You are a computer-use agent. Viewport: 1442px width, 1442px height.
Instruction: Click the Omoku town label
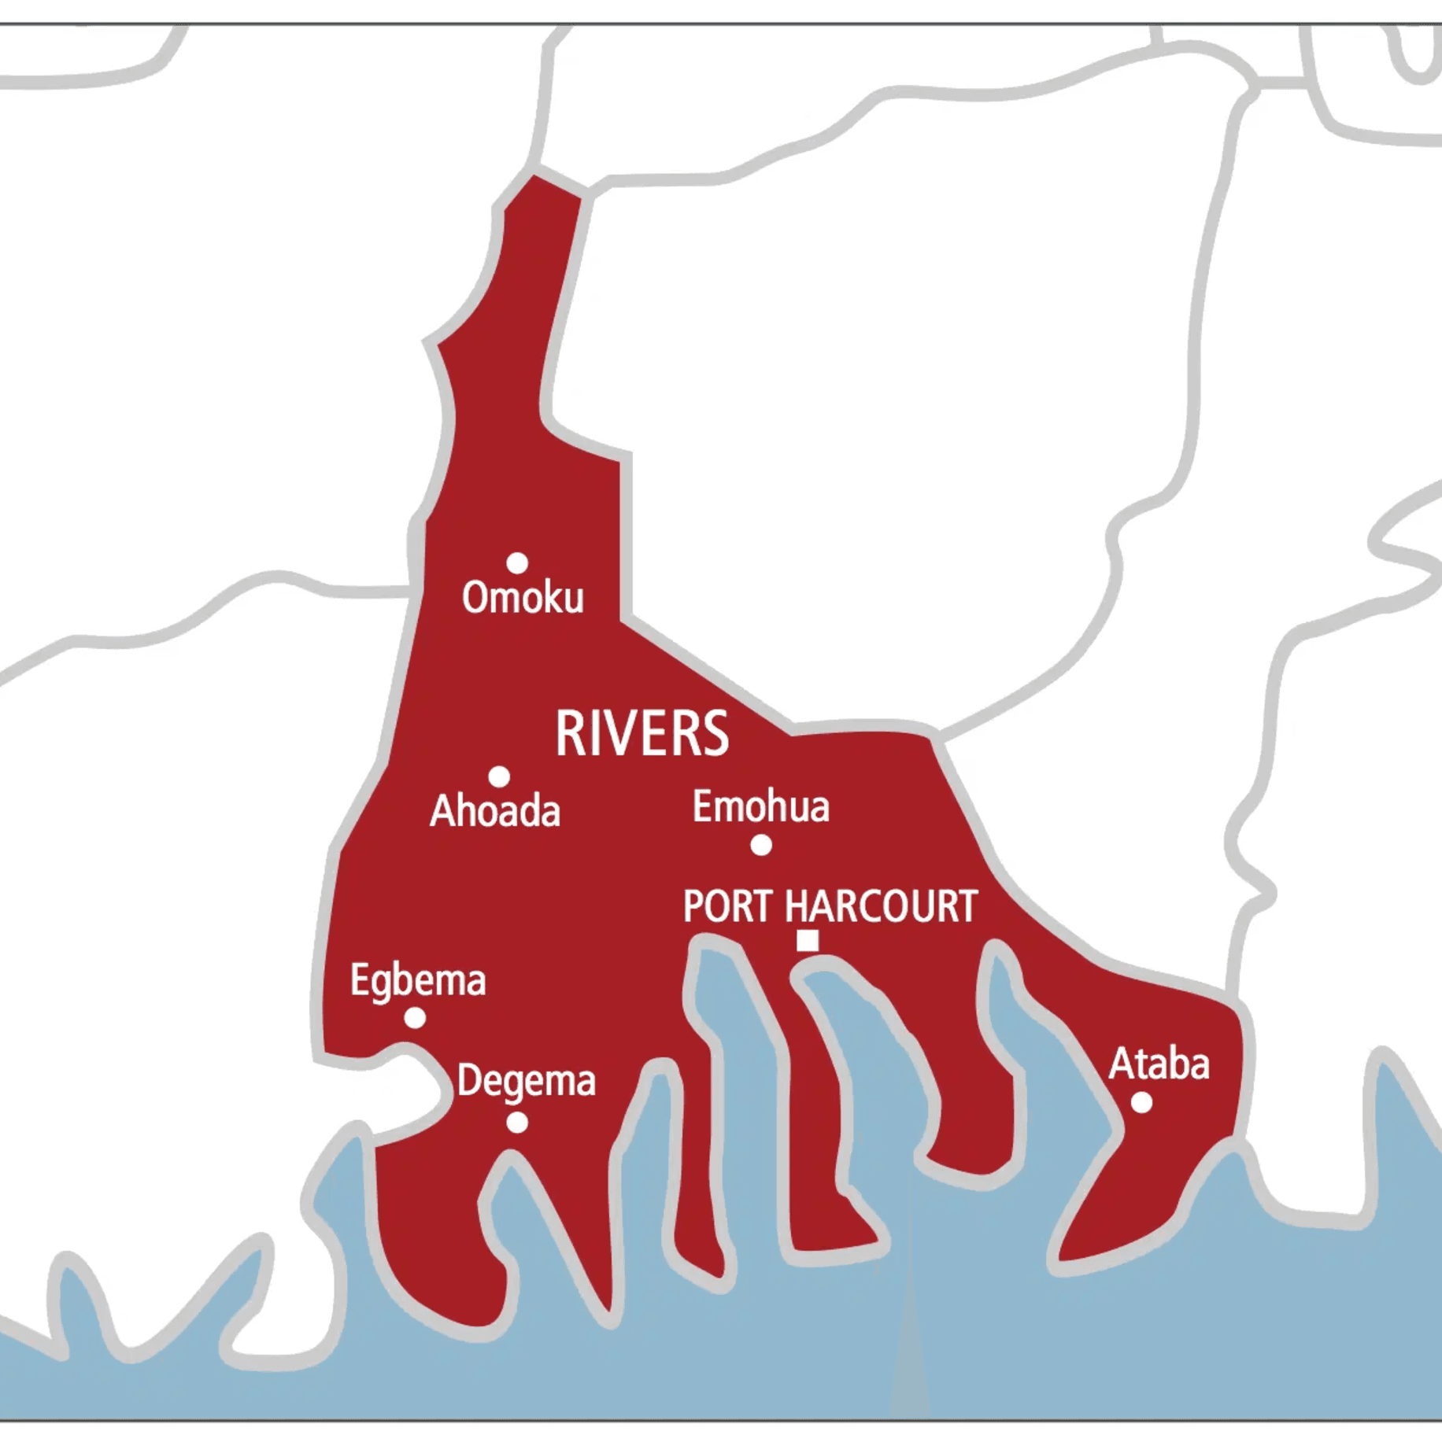click(523, 598)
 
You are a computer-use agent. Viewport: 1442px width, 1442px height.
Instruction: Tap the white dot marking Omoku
click(517, 563)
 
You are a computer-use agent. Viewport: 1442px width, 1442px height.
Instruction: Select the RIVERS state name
click(642, 733)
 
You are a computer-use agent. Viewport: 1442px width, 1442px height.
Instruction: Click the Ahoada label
click(495, 811)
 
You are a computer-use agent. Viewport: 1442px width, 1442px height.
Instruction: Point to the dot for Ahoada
click(499, 777)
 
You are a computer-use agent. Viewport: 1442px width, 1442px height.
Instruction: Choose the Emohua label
click(760, 807)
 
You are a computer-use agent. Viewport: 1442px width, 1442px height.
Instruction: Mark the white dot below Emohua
click(761, 846)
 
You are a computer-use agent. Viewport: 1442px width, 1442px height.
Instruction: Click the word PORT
click(727, 906)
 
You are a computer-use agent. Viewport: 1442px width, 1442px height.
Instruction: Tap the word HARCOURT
click(881, 906)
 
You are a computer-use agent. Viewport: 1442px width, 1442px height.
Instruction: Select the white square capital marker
click(808, 941)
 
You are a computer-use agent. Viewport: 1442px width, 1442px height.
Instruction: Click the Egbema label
click(418, 981)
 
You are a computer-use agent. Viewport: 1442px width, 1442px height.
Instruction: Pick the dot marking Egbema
click(415, 1018)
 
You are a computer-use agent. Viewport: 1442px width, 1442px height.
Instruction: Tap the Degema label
click(526, 1082)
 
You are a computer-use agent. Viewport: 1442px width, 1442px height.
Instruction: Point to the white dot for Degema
click(517, 1123)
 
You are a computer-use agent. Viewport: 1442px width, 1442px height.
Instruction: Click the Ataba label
click(1159, 1064)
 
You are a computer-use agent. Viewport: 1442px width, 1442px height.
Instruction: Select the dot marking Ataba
click(1141, 1103)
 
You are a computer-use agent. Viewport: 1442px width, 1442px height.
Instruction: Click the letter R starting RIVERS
click(568, 733)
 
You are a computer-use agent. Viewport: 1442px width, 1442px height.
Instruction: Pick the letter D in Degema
click(468, 1080)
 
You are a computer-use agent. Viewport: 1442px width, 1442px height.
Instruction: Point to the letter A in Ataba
click(1121, 1064)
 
